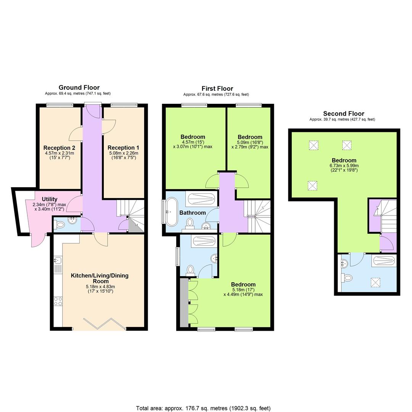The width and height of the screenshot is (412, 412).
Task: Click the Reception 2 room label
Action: pos(59,148)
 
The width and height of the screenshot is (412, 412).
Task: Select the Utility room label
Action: pos(50,199)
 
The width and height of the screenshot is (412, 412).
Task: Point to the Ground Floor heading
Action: pos(79,87)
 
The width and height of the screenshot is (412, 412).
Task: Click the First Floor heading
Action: pos(217,89)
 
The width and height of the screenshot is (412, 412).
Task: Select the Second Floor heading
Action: pos(343,113)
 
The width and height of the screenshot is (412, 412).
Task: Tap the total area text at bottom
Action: pos(203,408)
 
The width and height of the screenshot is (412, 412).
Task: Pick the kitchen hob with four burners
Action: pos(58,301)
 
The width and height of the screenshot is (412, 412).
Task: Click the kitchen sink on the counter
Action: pos(58,261)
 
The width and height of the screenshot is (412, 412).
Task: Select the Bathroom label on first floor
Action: pos(193,212)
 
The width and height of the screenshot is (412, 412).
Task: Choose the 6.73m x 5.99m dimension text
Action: pos(344,166)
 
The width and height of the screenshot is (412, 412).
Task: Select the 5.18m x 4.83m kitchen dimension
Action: pos(100,286)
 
